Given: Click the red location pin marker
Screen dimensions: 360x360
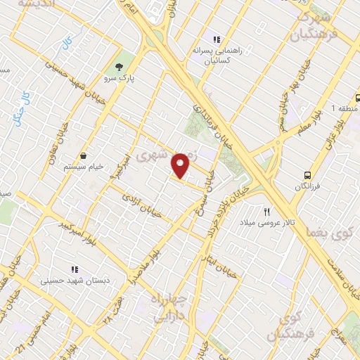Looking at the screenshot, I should (x=181, y=165).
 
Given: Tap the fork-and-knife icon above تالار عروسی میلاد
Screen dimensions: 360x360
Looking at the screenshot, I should (x=267, y=212).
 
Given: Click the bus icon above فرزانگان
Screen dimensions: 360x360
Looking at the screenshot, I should (x=307, y=174).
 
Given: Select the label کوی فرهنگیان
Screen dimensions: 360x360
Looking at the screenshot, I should (x=285, y=326).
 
